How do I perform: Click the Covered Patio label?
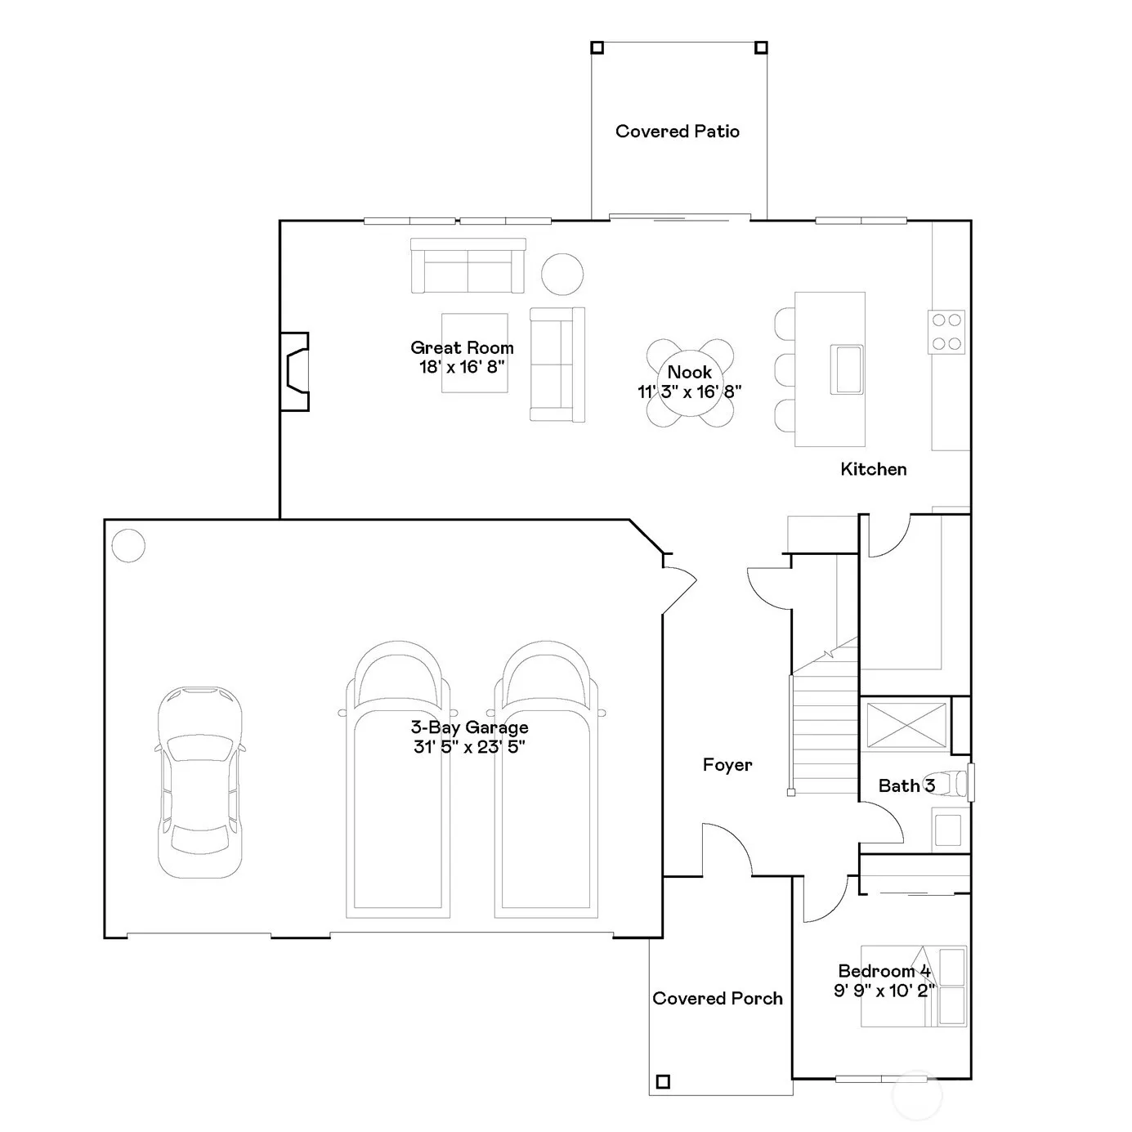[677, 131]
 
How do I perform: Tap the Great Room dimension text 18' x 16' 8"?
[462, 366]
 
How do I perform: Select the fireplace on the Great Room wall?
[295, 371]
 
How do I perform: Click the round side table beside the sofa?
[562, 274]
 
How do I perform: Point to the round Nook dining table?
[690, 382]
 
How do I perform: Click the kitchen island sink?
[847, 369]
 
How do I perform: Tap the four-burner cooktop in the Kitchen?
[946, 332]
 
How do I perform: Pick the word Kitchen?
[873, 469]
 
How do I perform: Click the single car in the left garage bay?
[199, 782]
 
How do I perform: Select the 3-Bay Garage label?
[469, 727]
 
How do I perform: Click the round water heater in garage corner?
[128, 546]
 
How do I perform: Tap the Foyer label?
[727, 765]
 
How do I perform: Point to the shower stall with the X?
[906, 726]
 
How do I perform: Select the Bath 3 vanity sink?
[947, 830]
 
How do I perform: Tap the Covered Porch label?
[718, 998]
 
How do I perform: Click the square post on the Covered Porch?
[663, 1081]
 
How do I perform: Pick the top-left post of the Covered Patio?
[597, 47]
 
